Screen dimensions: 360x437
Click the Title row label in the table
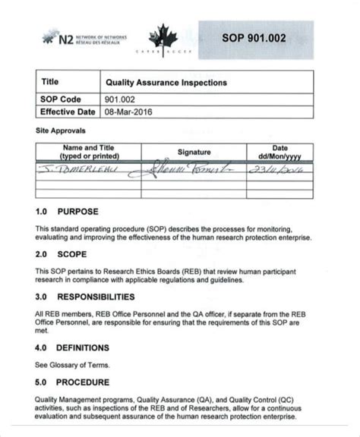point(51,80)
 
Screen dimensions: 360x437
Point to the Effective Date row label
point(67,112)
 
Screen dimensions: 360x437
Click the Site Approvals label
point(59,130)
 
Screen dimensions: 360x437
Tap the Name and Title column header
point(88,152)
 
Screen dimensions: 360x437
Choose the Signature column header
point(194,152)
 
